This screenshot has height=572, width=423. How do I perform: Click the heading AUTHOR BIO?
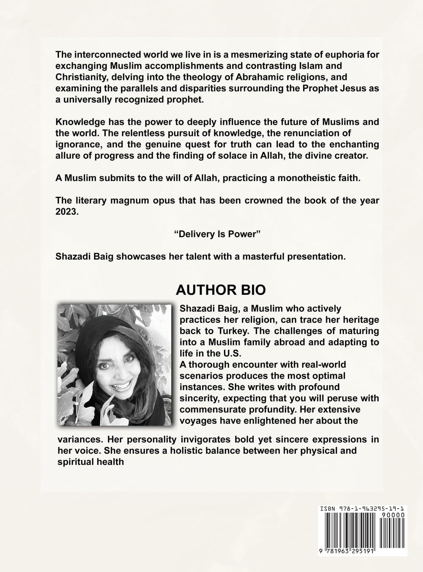point(221,290)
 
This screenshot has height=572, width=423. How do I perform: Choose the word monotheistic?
point(298,177)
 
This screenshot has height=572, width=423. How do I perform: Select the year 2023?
point(67,212)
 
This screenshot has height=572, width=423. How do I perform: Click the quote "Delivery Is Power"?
point(217,234)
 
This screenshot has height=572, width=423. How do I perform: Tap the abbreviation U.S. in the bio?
point(208,353)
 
